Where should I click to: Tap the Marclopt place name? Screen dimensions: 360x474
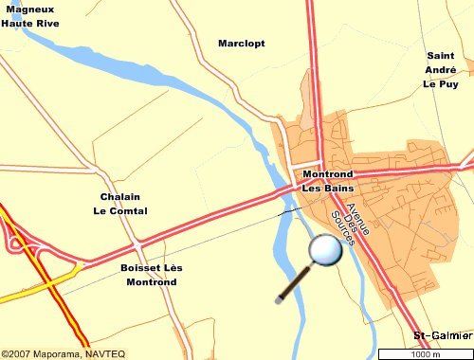tap(242, 44)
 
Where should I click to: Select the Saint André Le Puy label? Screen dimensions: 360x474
tap(441, 70)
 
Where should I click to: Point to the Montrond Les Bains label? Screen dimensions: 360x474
tap(327, 181)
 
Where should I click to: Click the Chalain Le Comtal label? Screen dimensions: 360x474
tap(124, 204)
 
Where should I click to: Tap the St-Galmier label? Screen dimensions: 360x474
tap(443, 336)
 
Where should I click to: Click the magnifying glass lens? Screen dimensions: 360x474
tap(325, 250)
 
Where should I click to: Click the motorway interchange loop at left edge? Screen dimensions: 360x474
tap(14, 243)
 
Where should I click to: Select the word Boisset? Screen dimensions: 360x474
tap(139, 268)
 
